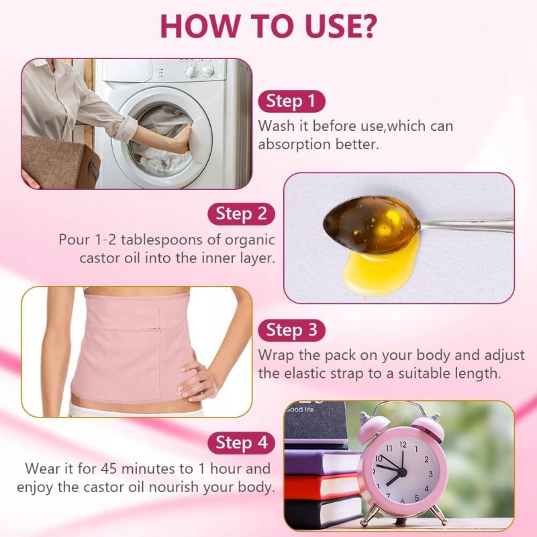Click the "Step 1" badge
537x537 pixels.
(x=291, y=101)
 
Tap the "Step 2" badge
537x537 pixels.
(x=241, y=214)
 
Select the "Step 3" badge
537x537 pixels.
(x=291, y=330)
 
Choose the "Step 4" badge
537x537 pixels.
(x=241, y=443)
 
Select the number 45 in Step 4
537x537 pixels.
(x=109, y=469)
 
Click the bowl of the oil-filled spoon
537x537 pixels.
(x=372, y=224)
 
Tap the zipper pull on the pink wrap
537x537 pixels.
(x=157, y=330)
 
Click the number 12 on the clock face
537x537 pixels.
(x=403, y=444)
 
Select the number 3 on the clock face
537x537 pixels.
(x=430, y=475)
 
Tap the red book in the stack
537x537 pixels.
(x=322, y=486)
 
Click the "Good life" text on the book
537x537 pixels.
(x=300, y=409)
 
